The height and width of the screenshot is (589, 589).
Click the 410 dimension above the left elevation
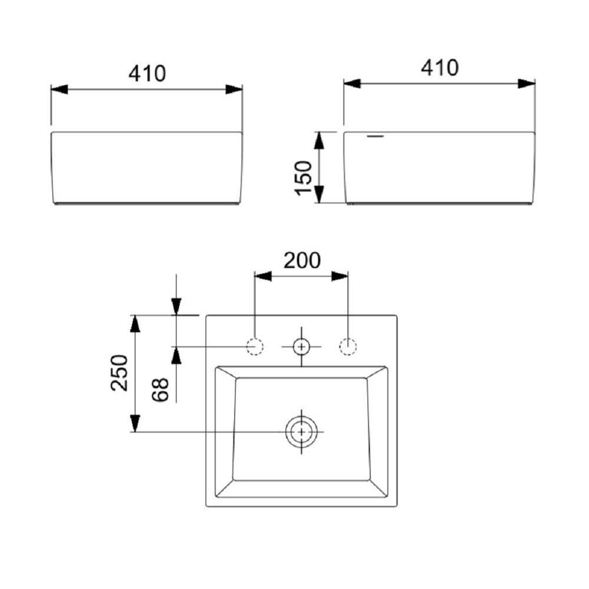click(x=147, y=74)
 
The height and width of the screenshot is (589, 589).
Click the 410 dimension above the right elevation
click(x=439, y=68)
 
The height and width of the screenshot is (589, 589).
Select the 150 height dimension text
click(x=304, y=178)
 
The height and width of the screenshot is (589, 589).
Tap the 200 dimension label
click(x=302, y=261)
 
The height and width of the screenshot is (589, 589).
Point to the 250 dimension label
click(x=120, y=373)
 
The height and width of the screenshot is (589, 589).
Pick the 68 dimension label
click(x=160, y=389)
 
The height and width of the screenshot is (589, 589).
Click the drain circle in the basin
click(x=302, y=432)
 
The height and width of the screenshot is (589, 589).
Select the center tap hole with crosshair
click(x=302, y=347)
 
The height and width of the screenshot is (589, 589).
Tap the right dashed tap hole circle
click(x=348, y=347)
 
